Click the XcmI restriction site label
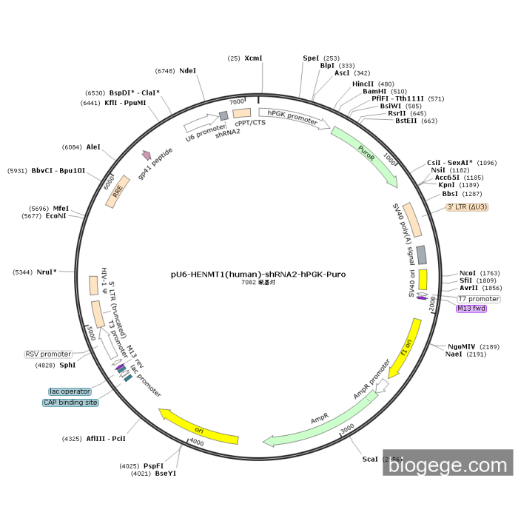(253, 58)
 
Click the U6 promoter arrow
(201, 125)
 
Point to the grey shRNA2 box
(223, 115)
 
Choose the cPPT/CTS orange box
(242, 114)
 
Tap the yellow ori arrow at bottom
(199, 427)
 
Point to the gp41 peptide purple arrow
(147, 155)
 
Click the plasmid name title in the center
(258, 274)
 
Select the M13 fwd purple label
(471, 309)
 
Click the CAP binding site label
(70, 403)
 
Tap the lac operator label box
(70, 391)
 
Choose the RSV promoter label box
(49, 354)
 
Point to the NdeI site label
(188, 71)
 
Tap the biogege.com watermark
(447, 465)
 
